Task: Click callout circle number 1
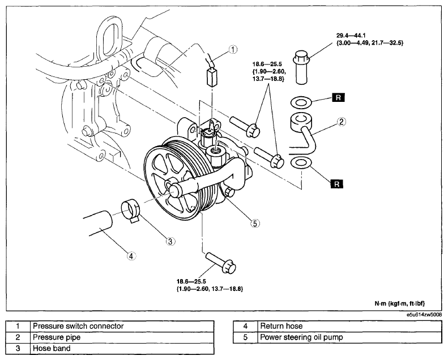click(x=233, y=50)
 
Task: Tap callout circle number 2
click(x=342, y=122)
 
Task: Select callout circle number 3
click(x=170, y=242)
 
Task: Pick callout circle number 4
click(x=131, y=256)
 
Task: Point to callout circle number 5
click(x=255, y=223)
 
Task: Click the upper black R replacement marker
click(x=338, y=97)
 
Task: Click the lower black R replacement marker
click(x=336, y=184)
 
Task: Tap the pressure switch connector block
click(x=212, y=78)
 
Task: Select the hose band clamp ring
click(x=131, y=212)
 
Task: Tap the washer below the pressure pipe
click(x=301, y=162)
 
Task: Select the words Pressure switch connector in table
click(x=78, y=326)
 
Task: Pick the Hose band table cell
click(x=122, y=348)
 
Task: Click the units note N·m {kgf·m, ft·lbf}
click(x=400, y=303)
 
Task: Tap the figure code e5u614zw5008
click(x=425, y=315)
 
